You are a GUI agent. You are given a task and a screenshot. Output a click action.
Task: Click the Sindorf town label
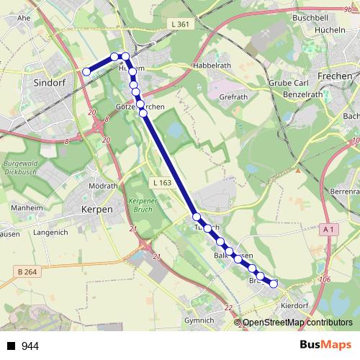coord(49,83)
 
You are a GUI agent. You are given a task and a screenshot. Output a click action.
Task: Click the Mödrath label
coord(102,186)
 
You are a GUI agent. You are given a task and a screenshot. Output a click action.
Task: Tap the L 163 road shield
coord(161,184)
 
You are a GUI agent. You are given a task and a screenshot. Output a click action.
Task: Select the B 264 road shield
coord(26,271)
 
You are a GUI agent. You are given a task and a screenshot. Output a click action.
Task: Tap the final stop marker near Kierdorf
coord(274,284)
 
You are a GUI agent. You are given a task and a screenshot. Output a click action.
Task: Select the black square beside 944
coord(11,346)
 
